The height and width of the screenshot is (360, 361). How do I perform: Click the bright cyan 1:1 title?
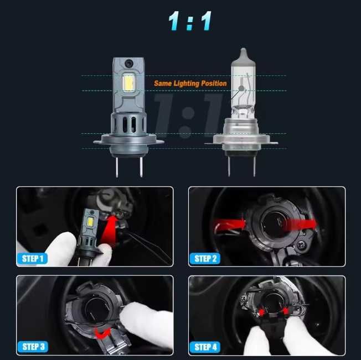coord(190,20)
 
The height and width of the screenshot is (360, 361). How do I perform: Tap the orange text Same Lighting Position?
coord(190,84)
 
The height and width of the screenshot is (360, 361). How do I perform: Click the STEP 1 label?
coord(33,259)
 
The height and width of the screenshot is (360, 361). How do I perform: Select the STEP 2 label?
coord(205,259)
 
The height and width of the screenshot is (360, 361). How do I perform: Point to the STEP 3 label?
coord(33,347)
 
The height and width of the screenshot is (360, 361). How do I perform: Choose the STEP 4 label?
coord(205,347)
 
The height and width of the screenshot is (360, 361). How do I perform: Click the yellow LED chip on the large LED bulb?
coord(128,83)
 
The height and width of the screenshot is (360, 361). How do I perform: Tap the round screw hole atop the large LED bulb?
coord(128,63)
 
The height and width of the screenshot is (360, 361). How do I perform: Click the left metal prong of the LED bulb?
coord(117,166)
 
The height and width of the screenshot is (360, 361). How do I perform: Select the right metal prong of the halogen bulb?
coord(254,166)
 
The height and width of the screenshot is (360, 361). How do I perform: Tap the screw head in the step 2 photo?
coord(301,244)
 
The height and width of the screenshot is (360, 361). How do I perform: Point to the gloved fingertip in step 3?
coord(129,310)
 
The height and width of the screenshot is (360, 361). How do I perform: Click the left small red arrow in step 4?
coord(261,312)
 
